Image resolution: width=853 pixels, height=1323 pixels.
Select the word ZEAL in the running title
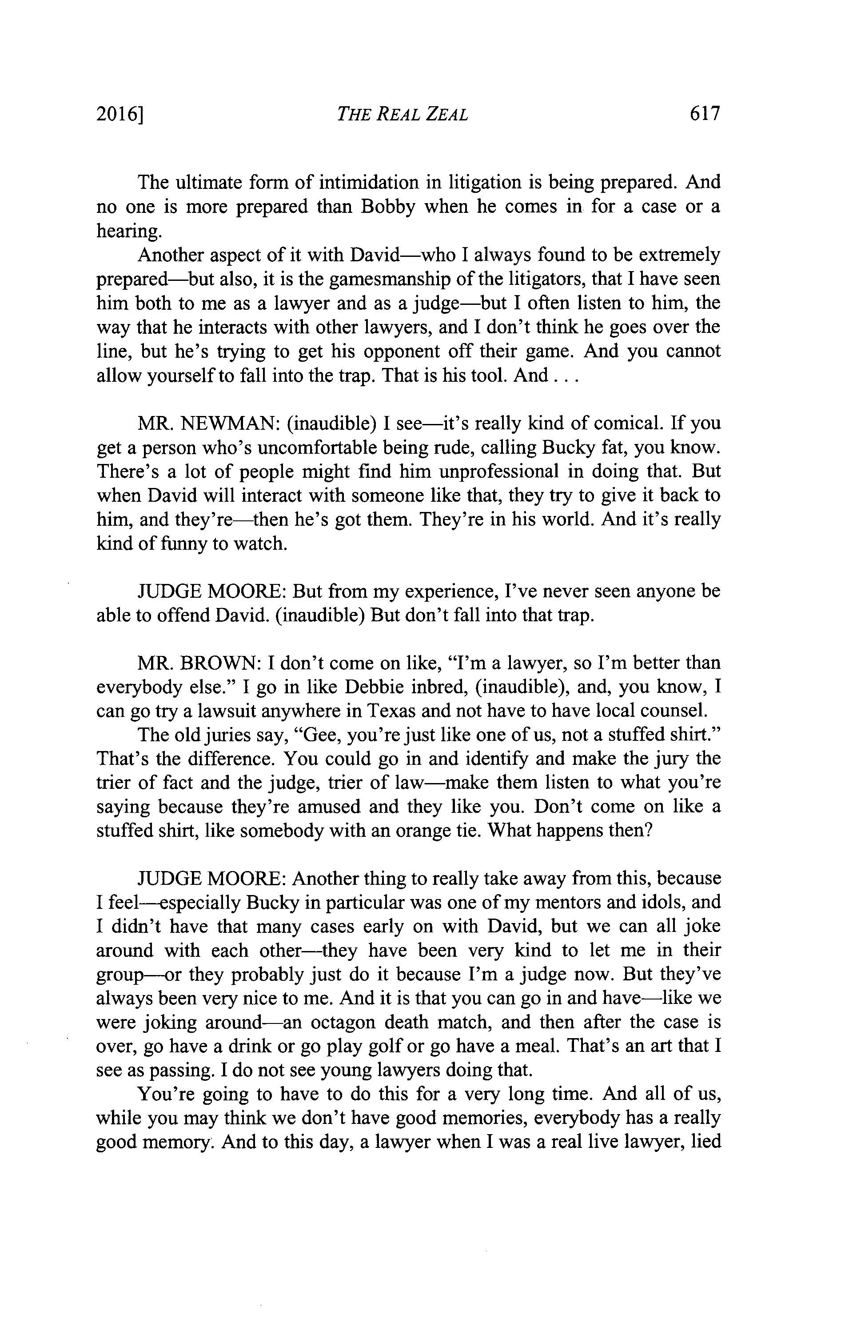pos(446,115)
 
